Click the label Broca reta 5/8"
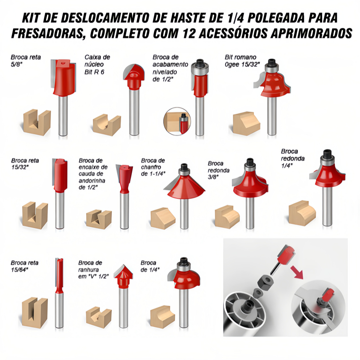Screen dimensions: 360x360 26,60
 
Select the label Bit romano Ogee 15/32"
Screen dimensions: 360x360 242,61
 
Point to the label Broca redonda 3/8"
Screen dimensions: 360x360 219,170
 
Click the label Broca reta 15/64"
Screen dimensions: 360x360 24,266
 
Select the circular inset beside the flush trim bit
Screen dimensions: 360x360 177,121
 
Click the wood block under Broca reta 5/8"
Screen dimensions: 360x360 37,122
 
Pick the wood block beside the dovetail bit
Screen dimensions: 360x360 99,219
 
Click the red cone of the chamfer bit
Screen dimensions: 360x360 186,186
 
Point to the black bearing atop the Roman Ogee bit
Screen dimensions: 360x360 272,62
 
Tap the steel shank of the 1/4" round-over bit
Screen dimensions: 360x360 327,205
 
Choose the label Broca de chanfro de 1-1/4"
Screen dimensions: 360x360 153,167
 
